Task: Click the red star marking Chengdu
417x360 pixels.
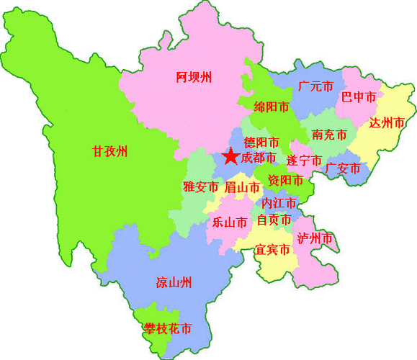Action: click(230, 156)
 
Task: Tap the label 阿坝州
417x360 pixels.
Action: click(194, 77)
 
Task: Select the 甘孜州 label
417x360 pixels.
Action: click(109, 151)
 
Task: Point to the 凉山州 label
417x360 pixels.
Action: click(174, 282)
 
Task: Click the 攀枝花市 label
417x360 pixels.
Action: click(167, 329)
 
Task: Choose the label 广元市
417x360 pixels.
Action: click(315, 86)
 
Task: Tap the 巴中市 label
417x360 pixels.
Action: click(359, 96)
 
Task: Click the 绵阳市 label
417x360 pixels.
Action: click(272, 107)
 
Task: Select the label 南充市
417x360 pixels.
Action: click(329, 135)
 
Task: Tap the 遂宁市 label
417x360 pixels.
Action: click(304, 161)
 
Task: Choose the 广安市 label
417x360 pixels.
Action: click(343, 168)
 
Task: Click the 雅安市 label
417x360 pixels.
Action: click(200, 187)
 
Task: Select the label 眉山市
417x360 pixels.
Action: click(241, 187)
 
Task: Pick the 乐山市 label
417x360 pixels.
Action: click(230, 222)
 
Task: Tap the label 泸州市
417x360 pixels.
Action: click(315, 238)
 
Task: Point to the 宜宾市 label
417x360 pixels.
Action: click(272, 250)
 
